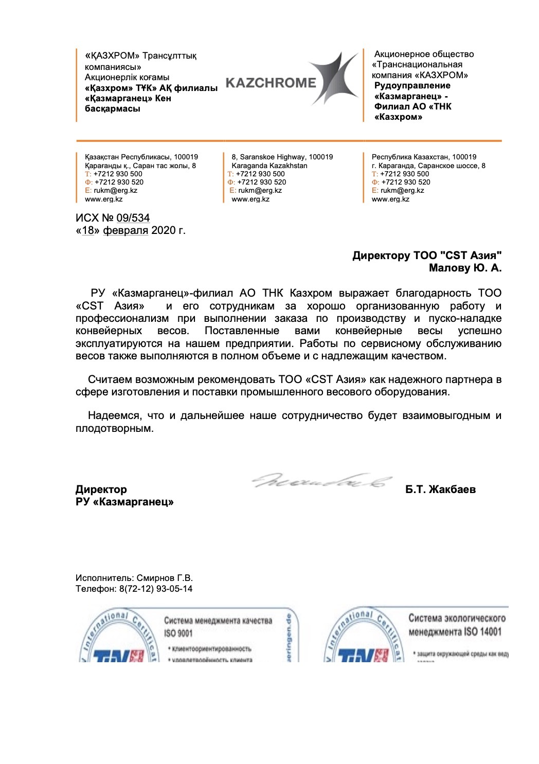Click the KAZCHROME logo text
271,83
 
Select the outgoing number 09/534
133,218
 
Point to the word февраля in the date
125,230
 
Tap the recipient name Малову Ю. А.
465,268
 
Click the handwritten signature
321,481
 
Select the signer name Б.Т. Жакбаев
440,489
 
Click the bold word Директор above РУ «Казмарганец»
101,489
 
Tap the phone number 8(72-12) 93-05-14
156,589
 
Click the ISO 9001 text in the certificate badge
178,633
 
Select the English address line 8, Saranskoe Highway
282,157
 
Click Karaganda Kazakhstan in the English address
269,166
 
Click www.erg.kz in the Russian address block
390,199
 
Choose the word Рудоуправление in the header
412,85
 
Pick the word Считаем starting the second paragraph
110,379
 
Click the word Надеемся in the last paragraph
114,415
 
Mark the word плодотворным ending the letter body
114,428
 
